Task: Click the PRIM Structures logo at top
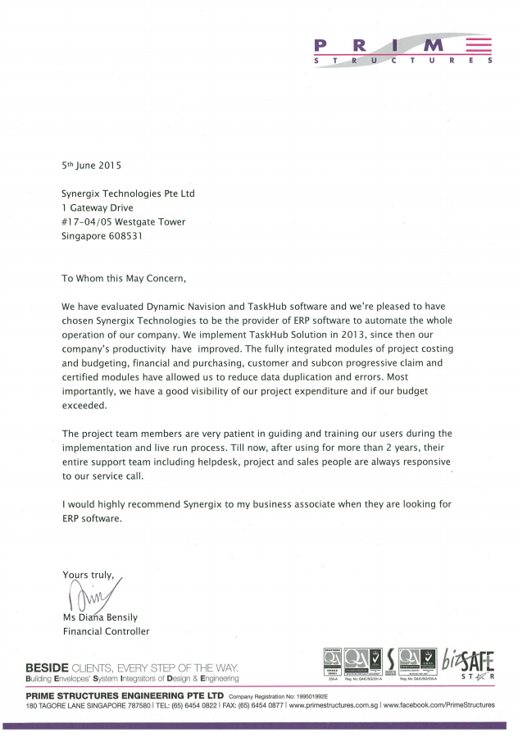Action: click(x=402, y=50)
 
